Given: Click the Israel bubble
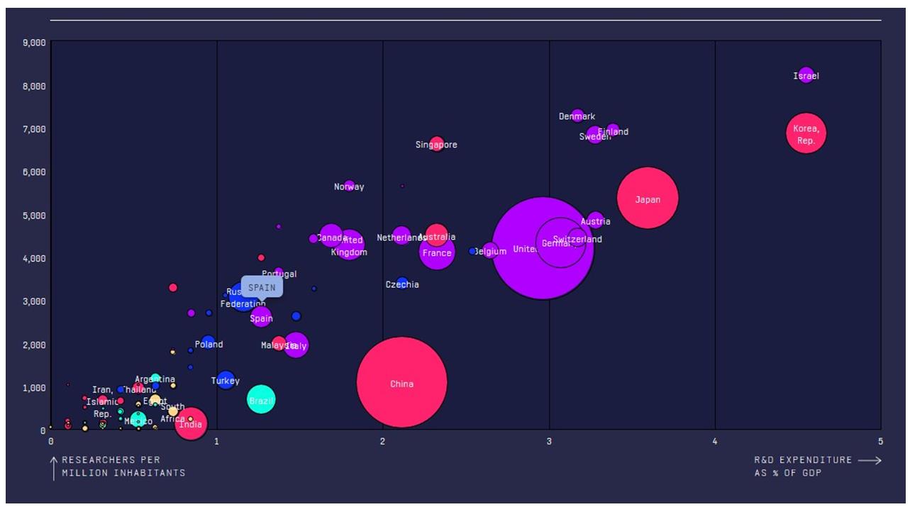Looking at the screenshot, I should (x=806, y=74).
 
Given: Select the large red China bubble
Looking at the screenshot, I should (x=401, y=382).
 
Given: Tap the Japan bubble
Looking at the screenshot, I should (x=647, y=198).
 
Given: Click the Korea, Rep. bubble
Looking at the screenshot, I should (x=806, y=133).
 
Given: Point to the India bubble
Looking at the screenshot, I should (x=190, y=424).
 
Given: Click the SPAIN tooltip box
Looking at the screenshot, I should (x=262, y=287).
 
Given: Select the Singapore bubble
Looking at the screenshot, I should (x=437, y=144).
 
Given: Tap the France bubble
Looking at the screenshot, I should (x=436, y=252).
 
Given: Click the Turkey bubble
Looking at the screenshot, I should (x=226, y=381).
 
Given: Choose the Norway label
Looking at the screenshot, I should (x=349, y=187).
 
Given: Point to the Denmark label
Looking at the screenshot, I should (x=577, y=116).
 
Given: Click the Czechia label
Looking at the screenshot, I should (x=402, y=284).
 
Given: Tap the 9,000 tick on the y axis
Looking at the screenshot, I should (x=34, y=43).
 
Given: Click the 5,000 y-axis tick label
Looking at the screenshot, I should (x=34, y=216).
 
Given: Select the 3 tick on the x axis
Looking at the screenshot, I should (x=549, y=441).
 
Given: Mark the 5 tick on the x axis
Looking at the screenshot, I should (x=880, y=441).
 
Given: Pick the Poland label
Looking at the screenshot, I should (x=209, y=344).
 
